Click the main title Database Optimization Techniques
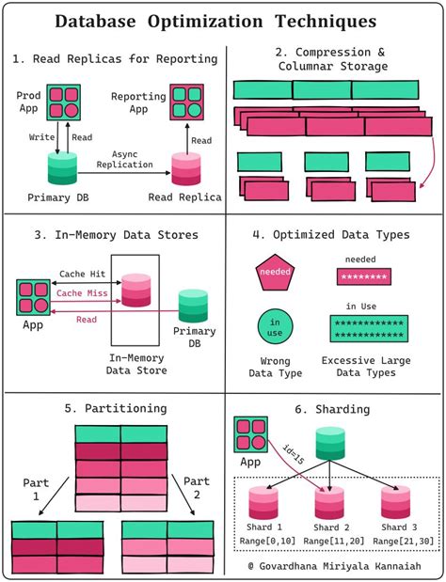(223, 22)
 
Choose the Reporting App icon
(186, 102)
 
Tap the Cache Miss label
(82, 292)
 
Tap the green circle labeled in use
(274, 327)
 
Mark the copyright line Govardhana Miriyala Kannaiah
(341, 566)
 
